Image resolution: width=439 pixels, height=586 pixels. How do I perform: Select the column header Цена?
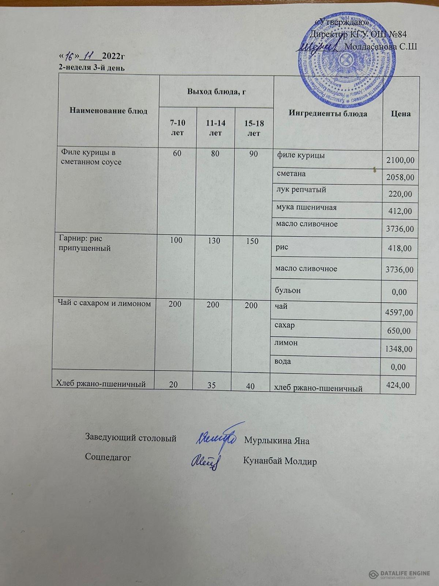point(400,114)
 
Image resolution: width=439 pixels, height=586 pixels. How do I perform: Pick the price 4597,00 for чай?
point(399,312)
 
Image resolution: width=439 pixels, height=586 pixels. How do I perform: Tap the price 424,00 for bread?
point(398,385)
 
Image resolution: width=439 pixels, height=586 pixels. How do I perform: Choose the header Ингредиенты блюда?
point(328,114)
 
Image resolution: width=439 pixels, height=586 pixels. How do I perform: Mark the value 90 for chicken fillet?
point(254,154)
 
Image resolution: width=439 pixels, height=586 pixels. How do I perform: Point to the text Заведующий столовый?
point(131,438)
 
